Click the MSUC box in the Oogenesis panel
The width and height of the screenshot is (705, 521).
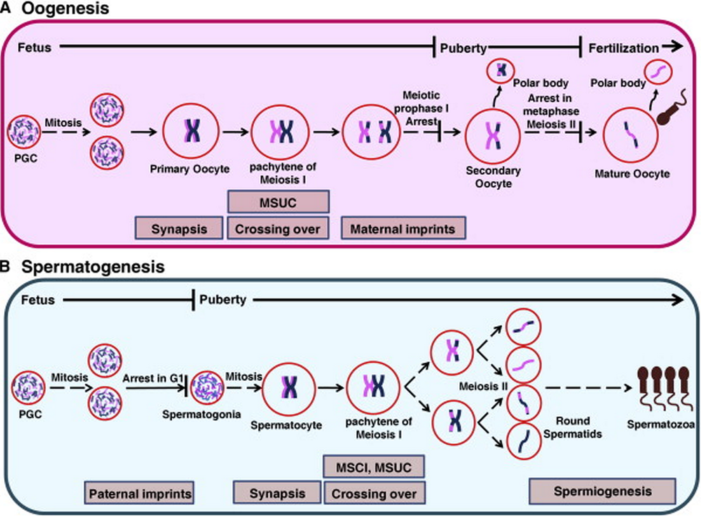[278, 202]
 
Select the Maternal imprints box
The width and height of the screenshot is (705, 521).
[403, 228]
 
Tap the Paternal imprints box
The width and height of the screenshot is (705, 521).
[140, 493]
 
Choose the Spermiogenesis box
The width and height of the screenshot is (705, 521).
[602, 491]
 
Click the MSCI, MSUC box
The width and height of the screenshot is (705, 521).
[374, 467]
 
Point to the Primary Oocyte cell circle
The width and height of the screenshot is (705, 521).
[191, 132]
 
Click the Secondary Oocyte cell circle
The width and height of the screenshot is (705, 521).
[492, 136]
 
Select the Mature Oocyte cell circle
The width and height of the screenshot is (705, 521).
[631, 136]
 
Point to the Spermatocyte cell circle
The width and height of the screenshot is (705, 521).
[289, 389]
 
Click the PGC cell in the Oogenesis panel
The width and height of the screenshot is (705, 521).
[24, 132]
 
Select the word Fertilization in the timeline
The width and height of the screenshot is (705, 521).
[623, 48]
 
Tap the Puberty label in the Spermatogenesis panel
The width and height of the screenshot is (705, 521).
[223, 300]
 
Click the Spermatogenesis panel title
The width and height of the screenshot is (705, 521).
[93, 266]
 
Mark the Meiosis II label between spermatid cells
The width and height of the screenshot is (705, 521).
[483, 387]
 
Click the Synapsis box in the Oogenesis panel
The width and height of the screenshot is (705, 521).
[179, 228]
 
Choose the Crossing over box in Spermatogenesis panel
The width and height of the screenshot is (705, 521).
[374, 493]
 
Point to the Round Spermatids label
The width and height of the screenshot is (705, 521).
[573, 427]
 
